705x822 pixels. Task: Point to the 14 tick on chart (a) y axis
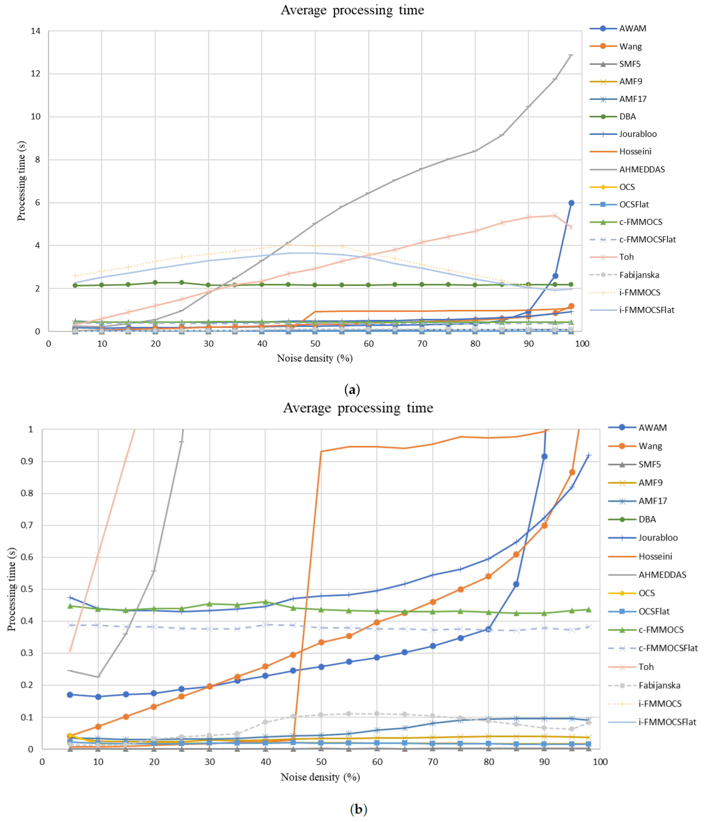pos(36,31)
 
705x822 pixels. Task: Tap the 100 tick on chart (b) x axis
pos(600,762)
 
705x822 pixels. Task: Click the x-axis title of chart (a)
pos(315,358)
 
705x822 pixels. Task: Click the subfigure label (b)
pos(358,808)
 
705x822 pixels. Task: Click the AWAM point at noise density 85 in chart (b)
pos(516,584)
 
